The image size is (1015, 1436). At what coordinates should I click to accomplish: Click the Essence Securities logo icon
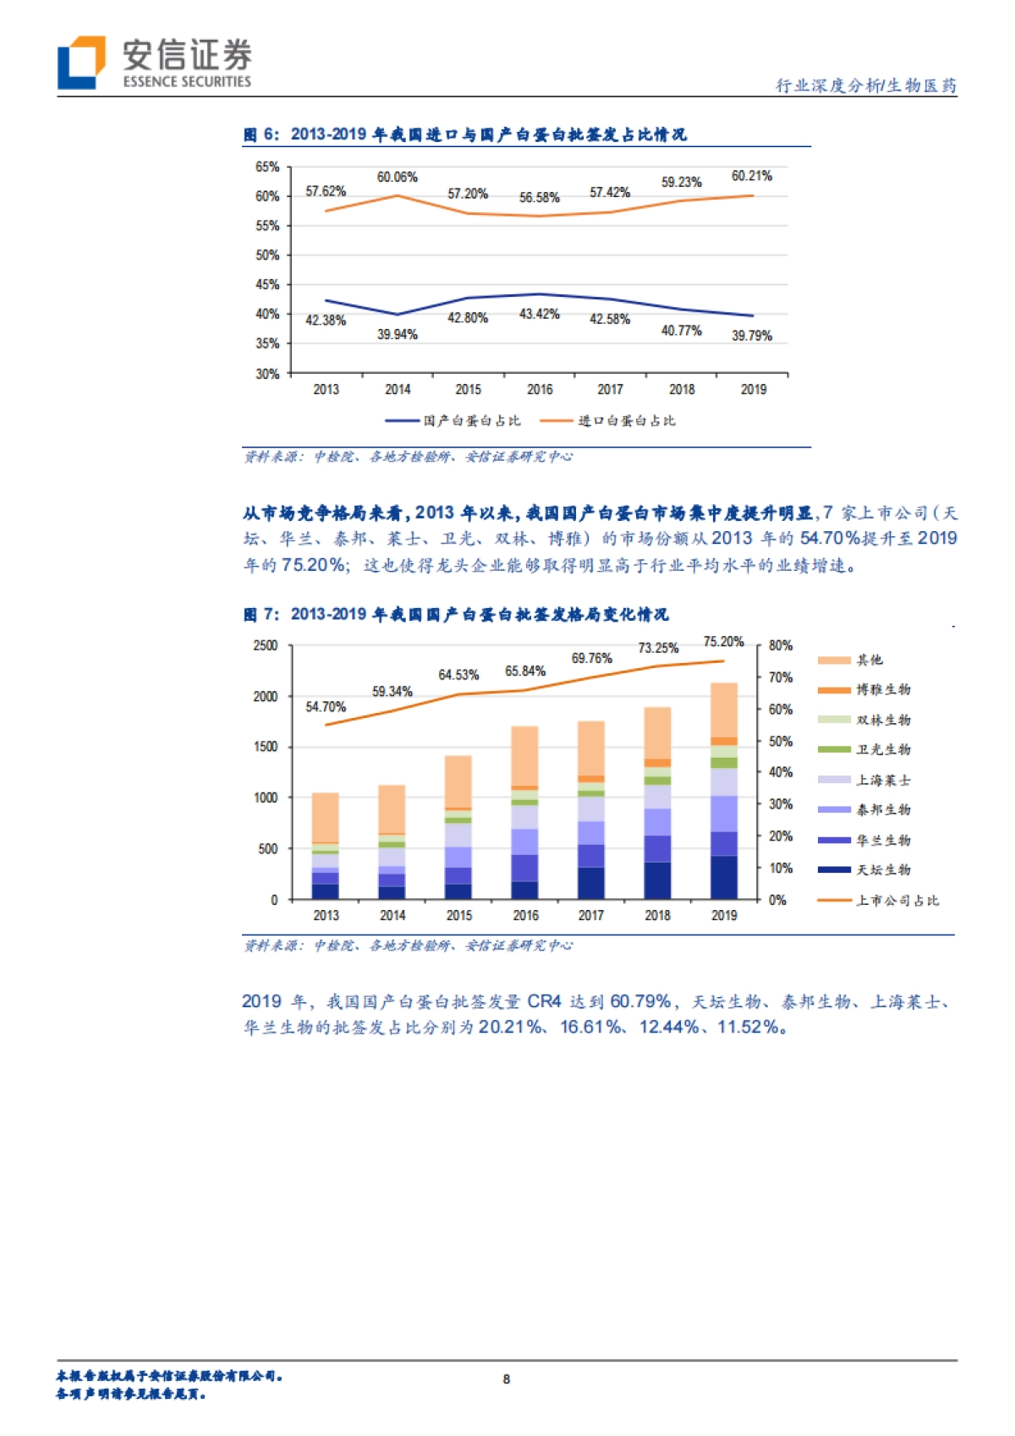[x=81, y=63]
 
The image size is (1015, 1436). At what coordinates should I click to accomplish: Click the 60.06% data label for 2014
[x=397, y=177]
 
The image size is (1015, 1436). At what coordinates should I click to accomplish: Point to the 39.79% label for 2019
[x=751, y=336]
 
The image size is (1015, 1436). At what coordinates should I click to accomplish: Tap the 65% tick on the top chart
[x=267, y=167]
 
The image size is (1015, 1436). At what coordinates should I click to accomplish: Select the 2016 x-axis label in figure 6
[x=540, y=389]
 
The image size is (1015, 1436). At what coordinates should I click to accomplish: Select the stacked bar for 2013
[x=326, y=846]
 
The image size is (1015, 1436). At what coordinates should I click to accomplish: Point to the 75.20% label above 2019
[x=723, y=642]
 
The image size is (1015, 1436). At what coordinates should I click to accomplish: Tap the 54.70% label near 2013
[x=326, y=706]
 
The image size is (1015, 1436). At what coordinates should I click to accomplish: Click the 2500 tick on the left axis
[x=266, y=645]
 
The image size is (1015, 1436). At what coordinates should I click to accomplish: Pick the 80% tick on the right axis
[x=780, y=645]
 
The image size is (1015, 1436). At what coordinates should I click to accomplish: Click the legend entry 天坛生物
[x=883, y=869]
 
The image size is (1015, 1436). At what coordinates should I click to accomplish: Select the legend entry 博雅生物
[x=883, y=689]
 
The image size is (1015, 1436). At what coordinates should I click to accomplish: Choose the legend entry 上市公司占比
[x=897, y=900]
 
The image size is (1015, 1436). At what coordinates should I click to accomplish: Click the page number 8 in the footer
[x=507, y=1378]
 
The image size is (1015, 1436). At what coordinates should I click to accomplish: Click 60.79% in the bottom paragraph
[x=640, y=1001]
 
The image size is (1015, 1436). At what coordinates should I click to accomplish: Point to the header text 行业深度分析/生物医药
[x=866, y=85]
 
